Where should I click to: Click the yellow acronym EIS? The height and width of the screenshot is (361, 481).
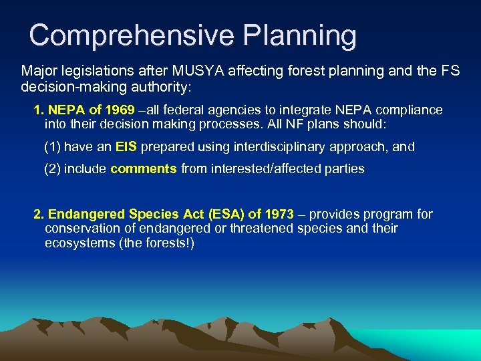pos(126,146)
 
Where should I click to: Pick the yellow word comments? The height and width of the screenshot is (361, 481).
pos(144,169)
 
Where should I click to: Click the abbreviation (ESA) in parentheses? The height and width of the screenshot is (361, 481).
pos(227,215)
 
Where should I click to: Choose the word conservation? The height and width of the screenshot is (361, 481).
pos(82,229)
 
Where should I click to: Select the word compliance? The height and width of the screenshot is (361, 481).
pos(412,110)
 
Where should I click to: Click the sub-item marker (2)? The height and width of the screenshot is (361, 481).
pos(51,169)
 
